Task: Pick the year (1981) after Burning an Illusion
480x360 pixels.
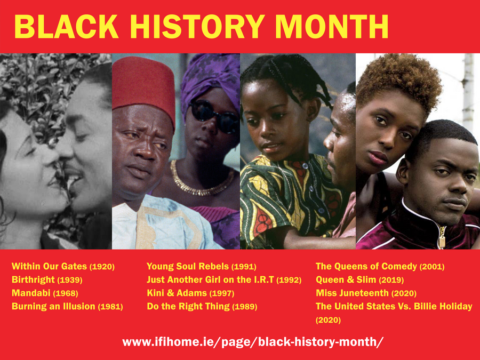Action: point(110,307)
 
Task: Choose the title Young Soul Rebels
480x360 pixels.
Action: point(188,266)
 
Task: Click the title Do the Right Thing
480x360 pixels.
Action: point(188,307)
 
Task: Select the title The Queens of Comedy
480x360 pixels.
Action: point(366,266)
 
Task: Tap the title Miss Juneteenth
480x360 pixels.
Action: point(352,293)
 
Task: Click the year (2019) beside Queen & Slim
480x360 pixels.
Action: point(391,280)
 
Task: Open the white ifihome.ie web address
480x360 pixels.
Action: point(253,342)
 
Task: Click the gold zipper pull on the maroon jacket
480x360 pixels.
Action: point(442,239)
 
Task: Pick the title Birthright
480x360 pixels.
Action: point(33,280)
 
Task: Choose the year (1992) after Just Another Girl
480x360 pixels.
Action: point(289,280)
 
